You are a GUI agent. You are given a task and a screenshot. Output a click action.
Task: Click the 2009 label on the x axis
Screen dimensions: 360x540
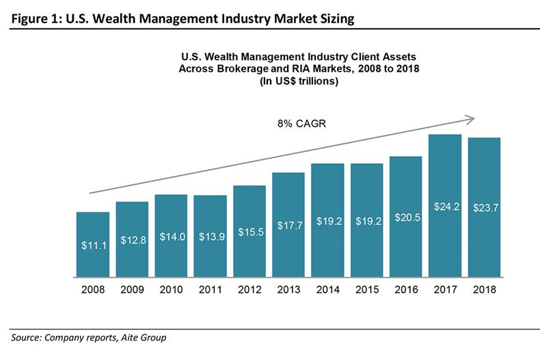click(x=131, y=290)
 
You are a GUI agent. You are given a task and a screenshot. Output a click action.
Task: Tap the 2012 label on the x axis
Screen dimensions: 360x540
click(x=249, y=290)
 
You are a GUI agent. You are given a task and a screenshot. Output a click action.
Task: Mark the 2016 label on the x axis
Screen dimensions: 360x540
click(x=406, y=290)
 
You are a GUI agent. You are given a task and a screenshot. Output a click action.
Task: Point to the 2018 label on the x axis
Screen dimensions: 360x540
click(x=484, y=290)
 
